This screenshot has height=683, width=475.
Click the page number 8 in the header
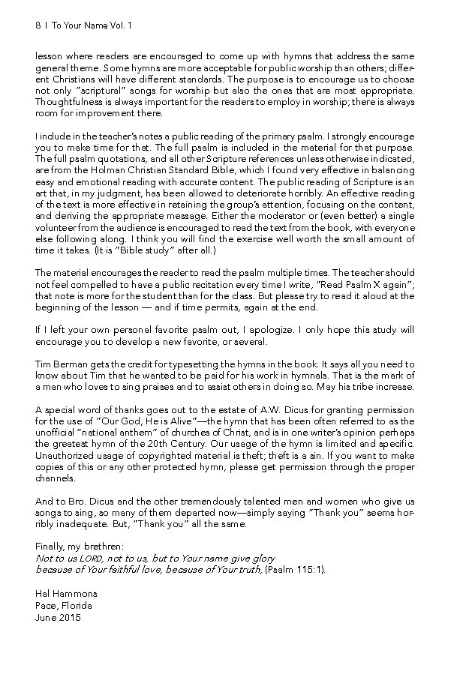(x=38, y=25)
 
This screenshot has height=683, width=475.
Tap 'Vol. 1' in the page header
(x=119, y=25)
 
